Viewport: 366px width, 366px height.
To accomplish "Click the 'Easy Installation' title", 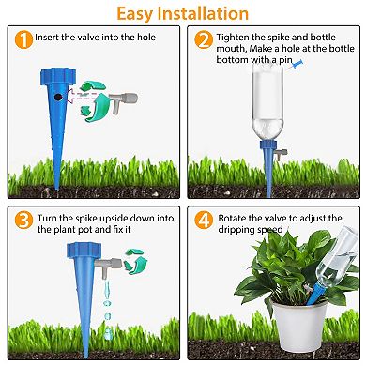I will tap(183, 13).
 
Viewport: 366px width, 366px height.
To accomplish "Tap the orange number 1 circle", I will tap(22, 39).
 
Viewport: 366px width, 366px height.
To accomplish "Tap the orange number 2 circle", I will tap(204, 39).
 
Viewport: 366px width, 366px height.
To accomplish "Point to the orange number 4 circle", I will tap(204, 219).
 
